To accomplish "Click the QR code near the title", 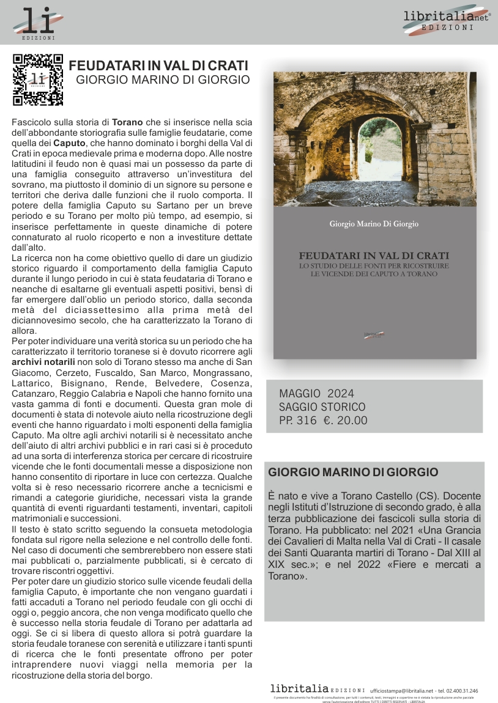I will [38, 80].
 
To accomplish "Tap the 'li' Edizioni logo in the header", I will [38, 24].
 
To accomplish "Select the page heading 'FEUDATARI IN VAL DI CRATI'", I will [158, 66].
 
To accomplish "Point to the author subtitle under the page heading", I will [163, 79].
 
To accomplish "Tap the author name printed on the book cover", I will [374, 224].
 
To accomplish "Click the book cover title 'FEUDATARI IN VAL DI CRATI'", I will [374, 256].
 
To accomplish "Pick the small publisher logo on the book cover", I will [374, 334].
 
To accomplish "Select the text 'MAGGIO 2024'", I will [316, 393].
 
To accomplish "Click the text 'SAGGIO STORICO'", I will [322, 407].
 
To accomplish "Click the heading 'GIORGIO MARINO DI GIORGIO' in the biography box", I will [354, 472].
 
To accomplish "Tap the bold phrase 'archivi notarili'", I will [45, 362].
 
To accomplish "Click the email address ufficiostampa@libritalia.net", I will [401, 691].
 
